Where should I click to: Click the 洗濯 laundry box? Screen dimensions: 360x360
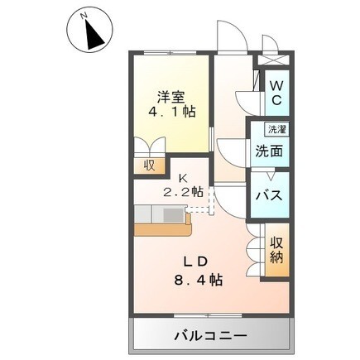(275, 129)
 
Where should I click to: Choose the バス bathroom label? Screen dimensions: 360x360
(269, 197)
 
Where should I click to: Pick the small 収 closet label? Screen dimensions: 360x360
(149, 165)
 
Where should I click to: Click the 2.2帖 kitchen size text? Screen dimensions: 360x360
(185, 191)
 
